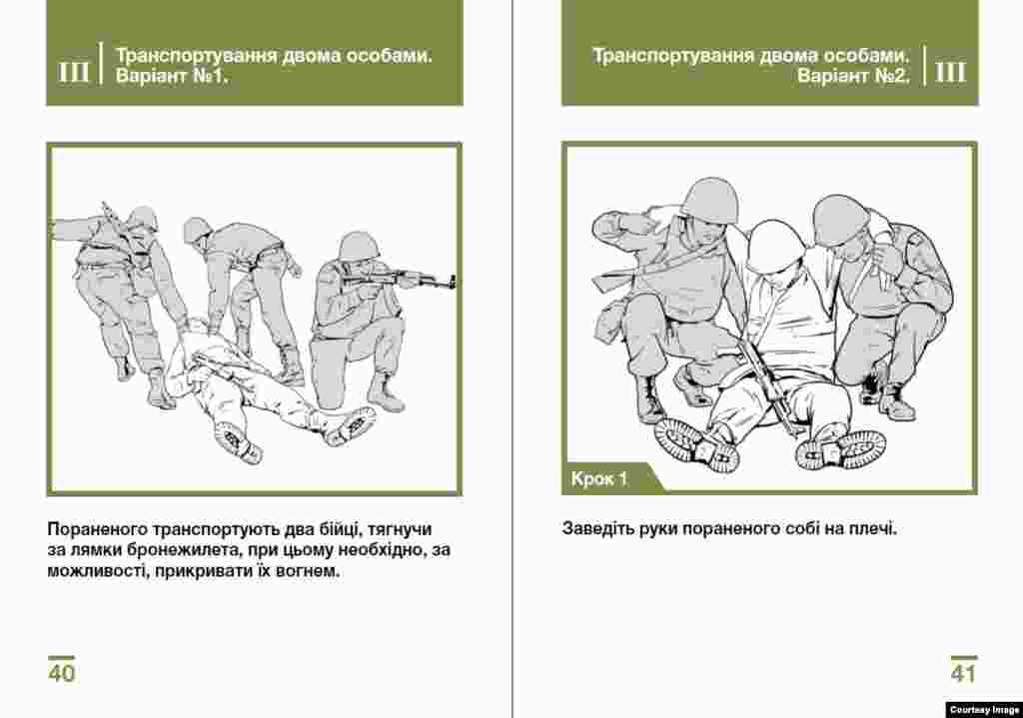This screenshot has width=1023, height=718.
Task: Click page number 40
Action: coord(61,672)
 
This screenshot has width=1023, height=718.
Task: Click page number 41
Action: coord(964,672)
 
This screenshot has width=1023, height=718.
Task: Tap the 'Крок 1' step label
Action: coord(599,479)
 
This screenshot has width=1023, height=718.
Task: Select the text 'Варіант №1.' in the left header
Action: coord(172,76)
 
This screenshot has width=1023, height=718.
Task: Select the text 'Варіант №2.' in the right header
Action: coord(853,76)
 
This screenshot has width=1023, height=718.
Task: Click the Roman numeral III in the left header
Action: coord(74,72)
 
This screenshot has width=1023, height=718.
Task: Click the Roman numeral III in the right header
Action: coord(950,72)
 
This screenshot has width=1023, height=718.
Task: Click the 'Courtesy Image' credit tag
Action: coord(984,710)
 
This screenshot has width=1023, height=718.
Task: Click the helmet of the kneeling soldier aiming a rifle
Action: coord(359,246)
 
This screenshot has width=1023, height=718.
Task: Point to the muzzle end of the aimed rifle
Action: coord(453,283)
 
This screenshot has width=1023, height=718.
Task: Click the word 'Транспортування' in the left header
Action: coord(196,55)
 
